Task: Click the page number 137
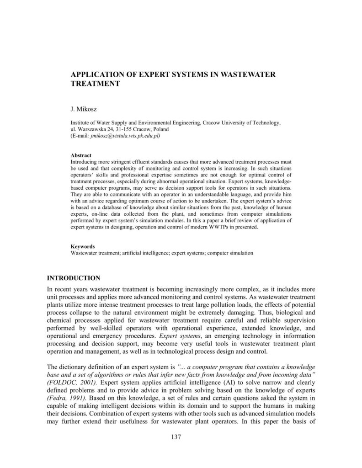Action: (176, 437)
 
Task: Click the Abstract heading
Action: (81, 155)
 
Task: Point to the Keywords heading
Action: (83, 246)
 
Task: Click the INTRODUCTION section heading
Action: (74, 278)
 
